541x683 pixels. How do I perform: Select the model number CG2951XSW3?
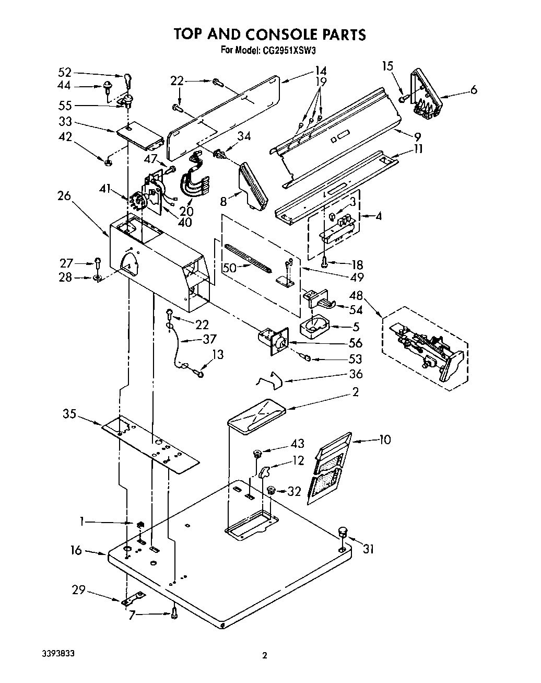[x=290, y=51]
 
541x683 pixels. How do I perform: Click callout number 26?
[x=64, y=195]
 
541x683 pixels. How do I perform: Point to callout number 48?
[x=356, y=296]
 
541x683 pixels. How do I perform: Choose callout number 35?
[x=69, y=414]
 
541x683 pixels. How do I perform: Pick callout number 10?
[x=385, y=439]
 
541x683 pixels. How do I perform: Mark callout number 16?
[x=76, y=550]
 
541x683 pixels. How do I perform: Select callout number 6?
[x=473, y=90]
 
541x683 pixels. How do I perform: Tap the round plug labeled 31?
[x=343, y=532]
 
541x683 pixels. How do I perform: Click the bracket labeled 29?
[x=134, y=598]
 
